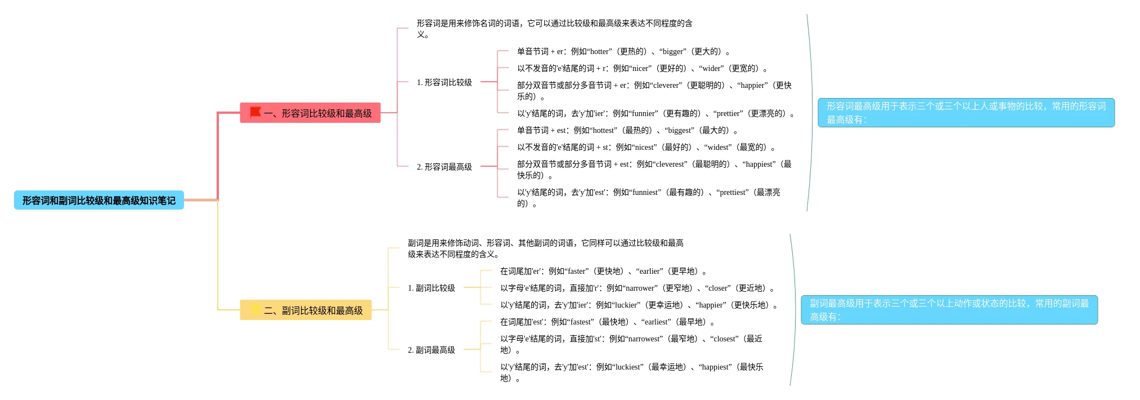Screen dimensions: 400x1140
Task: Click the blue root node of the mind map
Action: pos(98,200)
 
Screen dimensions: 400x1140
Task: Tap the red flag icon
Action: pos(255,112)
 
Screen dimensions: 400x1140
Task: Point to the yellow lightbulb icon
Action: pos(255,309)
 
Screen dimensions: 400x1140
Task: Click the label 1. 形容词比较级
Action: pos(444,82)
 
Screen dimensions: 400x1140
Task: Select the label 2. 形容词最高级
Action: pos(444,167)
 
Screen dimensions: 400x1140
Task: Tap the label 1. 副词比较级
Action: pos(431,288)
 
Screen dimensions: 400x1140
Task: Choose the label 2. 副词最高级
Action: pos(431,350)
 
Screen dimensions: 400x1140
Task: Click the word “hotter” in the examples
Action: pos(599,51)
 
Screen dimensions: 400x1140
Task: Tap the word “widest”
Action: pos(718,147)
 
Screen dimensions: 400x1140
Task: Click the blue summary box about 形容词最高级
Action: pos(966,113)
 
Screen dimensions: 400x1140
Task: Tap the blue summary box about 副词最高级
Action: pos(949,310)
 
